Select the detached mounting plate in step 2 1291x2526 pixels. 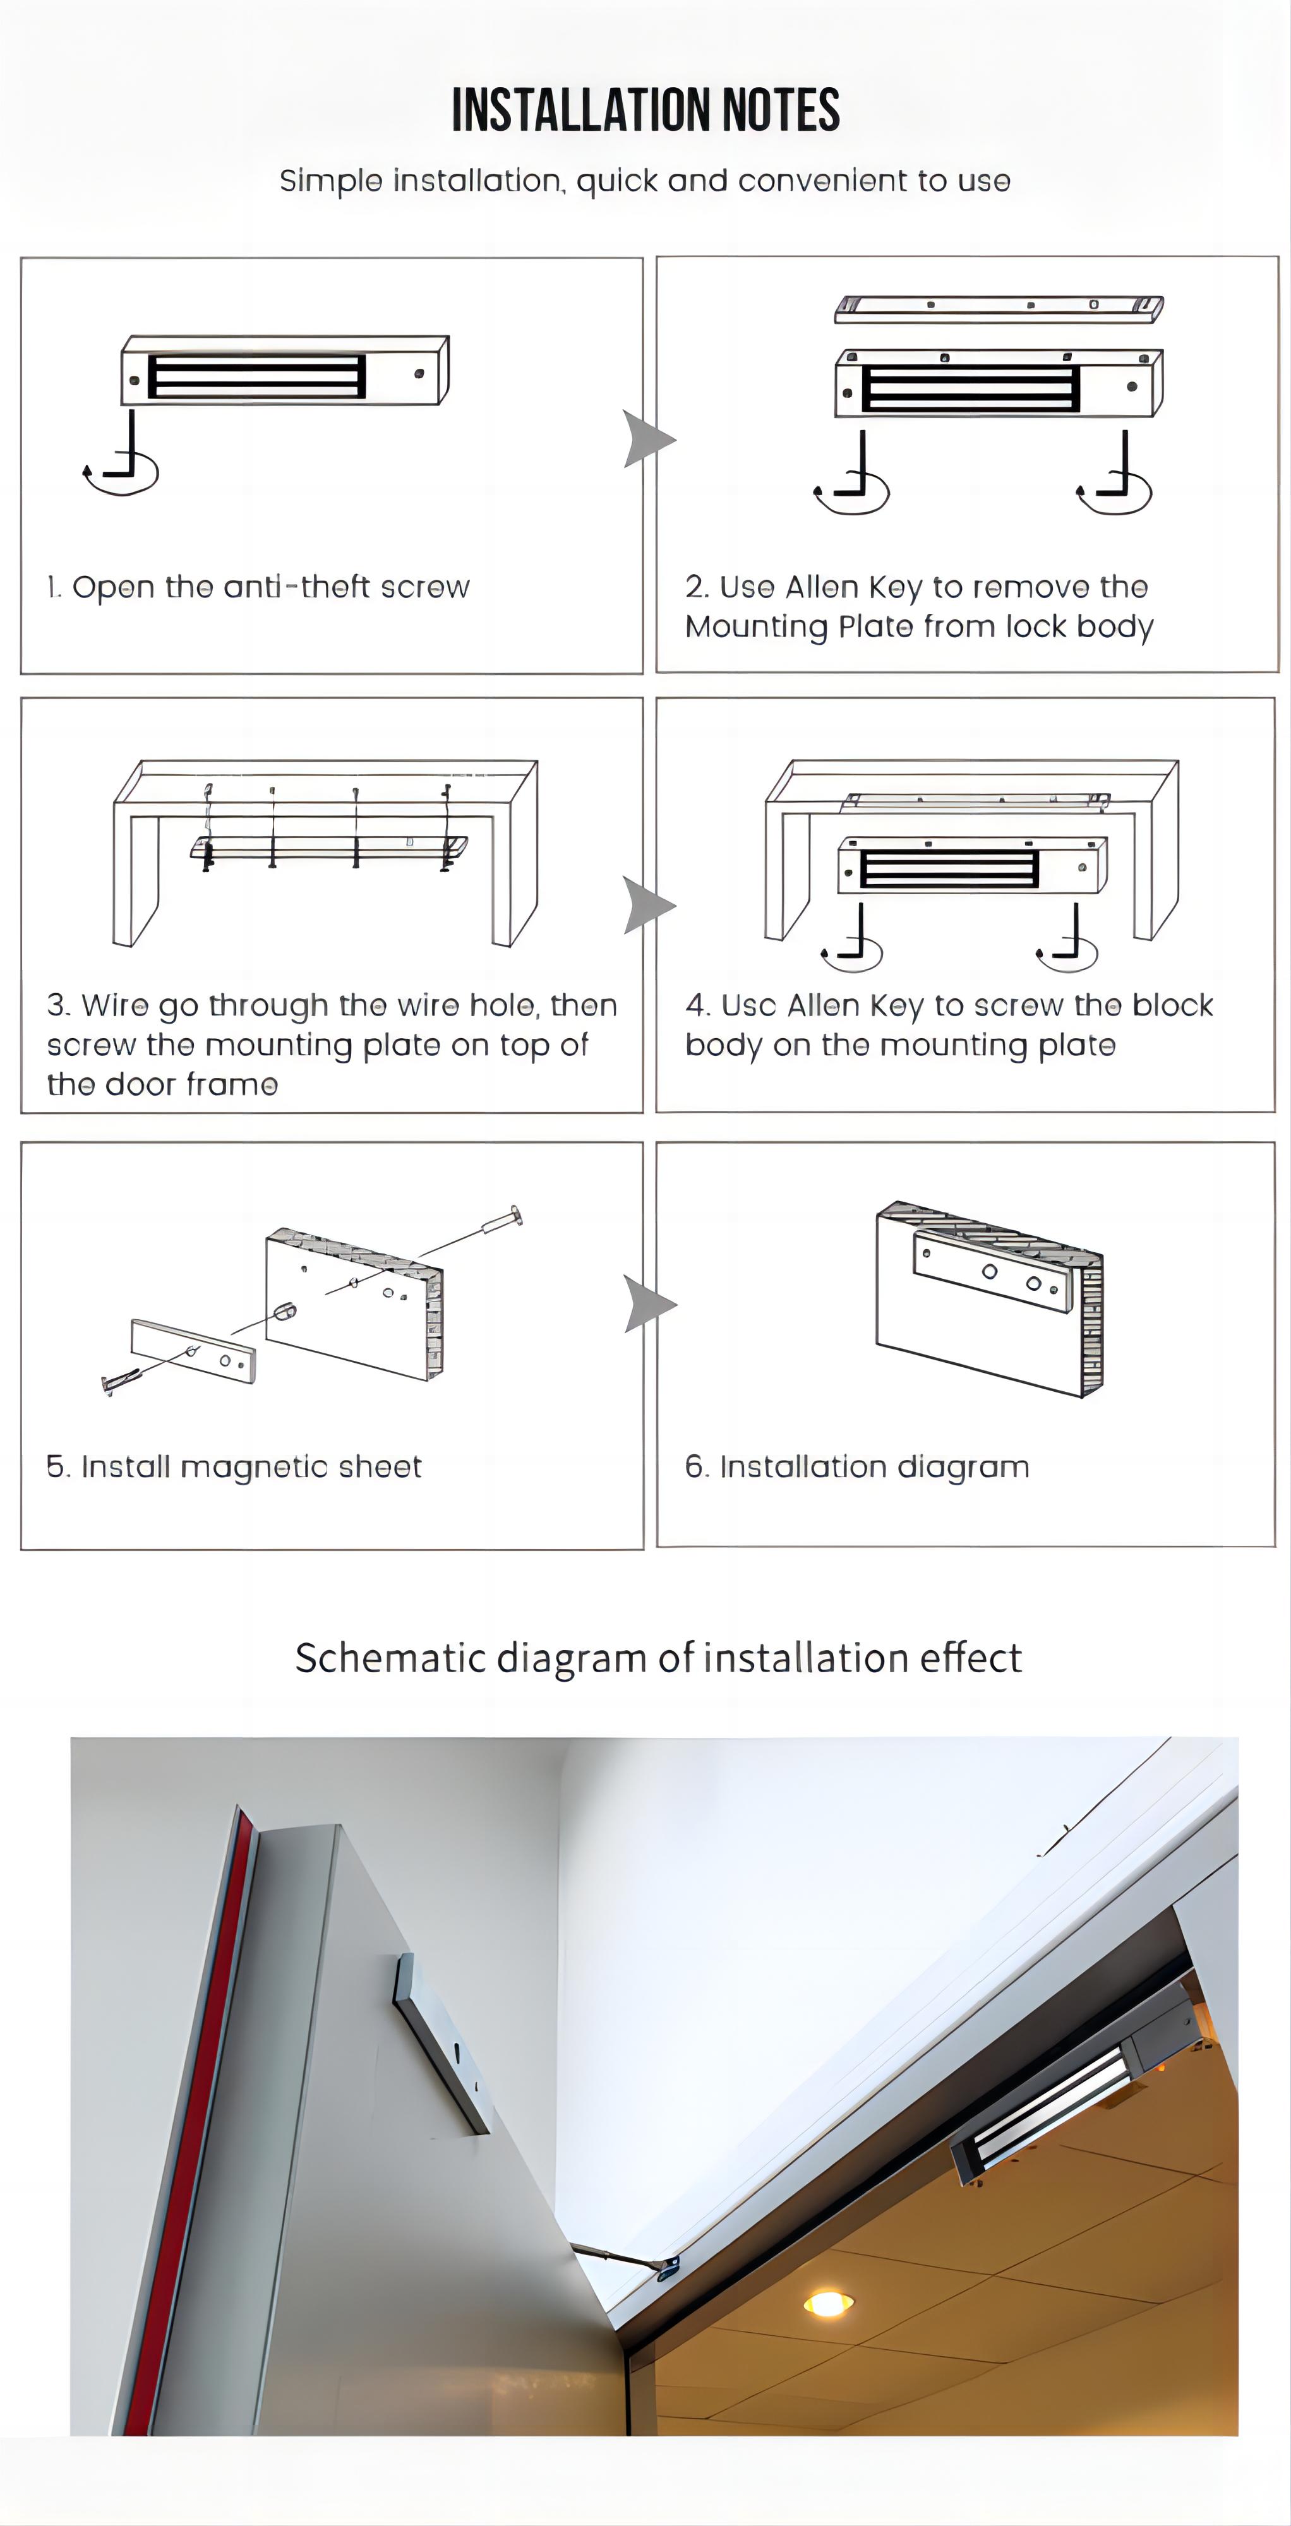coord(999,308)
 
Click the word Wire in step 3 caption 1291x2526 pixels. coord(114,1006)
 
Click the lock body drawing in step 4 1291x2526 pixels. coord(971,866)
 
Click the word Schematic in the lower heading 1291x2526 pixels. coord(390,1658)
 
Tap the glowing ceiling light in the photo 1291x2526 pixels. coord(827,2302)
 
